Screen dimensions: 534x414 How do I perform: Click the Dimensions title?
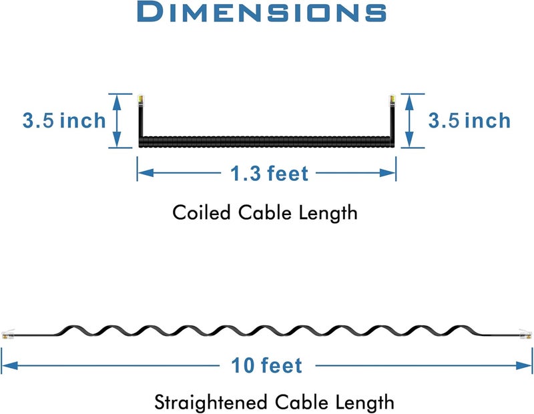click(x=262, y=11)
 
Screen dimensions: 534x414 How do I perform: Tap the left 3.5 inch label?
click(x=64, y=121)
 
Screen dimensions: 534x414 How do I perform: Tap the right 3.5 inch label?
click(x=469, y=121)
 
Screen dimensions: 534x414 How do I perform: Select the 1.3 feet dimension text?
click(x=269, y=173)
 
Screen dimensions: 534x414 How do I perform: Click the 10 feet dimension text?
click(x=266, y=366)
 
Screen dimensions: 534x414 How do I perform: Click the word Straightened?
click(x=210, y=402)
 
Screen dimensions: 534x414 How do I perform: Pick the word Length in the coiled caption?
click(x=328, y=213)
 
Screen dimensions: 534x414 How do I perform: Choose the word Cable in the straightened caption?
click(x=302, y=402)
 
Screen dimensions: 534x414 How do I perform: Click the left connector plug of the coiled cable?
click(x=140, y=101)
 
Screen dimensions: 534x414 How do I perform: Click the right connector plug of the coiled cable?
click(x=392, y=101)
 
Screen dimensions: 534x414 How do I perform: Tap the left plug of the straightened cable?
click(x=8, y=334)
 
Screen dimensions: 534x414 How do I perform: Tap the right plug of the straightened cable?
click(x=525, y=334)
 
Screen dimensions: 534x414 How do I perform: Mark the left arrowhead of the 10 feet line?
click(x=9, y=366)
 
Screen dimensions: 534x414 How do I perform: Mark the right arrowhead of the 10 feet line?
click(x=524, y=366)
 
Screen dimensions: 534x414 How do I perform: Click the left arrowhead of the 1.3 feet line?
click(x=146, y=173)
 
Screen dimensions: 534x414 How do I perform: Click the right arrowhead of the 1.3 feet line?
click(x=388, y=173)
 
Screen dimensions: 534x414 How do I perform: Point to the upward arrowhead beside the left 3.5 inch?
click(x=117, y=102)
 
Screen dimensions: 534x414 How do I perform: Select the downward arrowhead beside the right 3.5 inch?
click(x=409, y=140)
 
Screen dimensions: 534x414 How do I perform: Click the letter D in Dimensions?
click(x=149, y=11)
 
